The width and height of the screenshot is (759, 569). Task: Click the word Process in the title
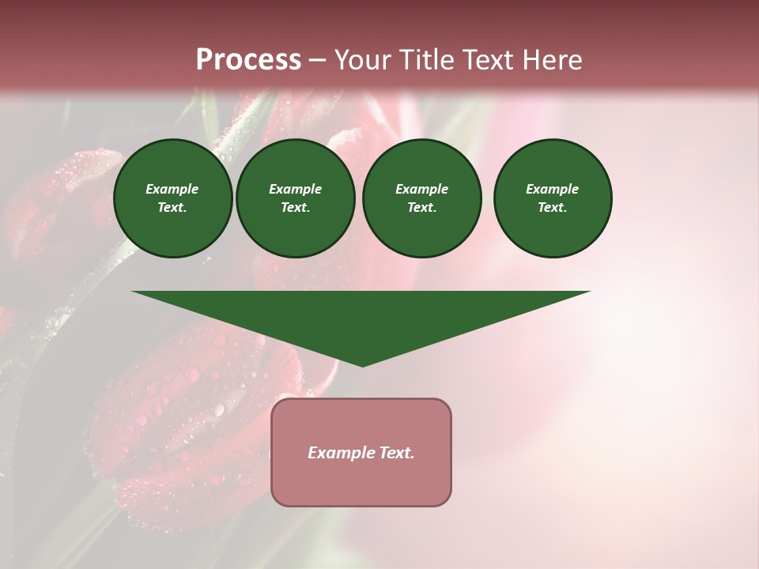point(248,60)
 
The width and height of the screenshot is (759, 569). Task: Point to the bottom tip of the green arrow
point(362,365)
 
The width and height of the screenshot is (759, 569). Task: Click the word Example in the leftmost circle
point(172,189)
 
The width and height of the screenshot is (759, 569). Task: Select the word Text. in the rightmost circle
point(553,207)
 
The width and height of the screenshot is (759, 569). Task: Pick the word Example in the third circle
point(421,189)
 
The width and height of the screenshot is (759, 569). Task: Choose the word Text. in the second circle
point(295,207)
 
